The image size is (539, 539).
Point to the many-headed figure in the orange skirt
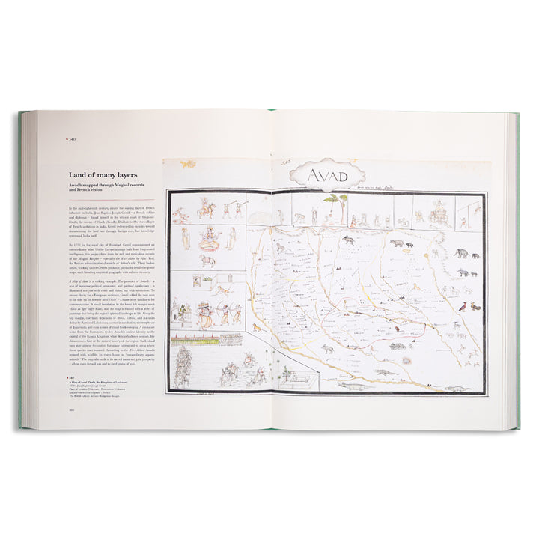(205, 312)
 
